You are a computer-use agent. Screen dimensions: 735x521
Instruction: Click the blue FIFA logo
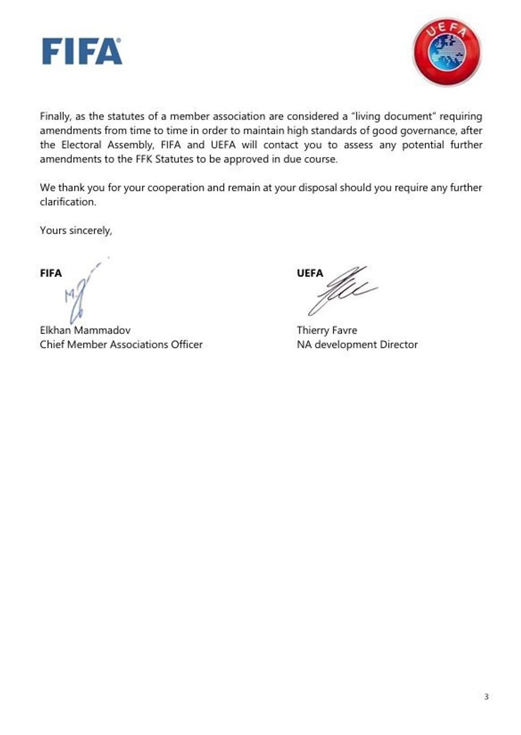pyautogui.click(x=82, y=52)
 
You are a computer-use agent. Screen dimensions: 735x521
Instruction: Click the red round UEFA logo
pyautogui.click(x=447, y=51)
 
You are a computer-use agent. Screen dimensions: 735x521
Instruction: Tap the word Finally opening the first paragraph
pyautogui.click(x=55, y=116)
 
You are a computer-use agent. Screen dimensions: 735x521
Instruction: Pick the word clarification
pyautogui.click(x=68, y=202)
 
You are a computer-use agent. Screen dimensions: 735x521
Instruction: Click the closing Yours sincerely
pyautogui.click(x=76, y=230)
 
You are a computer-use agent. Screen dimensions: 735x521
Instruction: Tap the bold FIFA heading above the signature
pyautogui.click(x=51, y=273)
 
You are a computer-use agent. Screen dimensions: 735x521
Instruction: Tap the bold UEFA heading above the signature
pyautogui.click(x=310, y=273)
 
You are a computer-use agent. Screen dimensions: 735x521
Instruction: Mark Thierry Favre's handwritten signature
pyautogui.click(x=340, y=290)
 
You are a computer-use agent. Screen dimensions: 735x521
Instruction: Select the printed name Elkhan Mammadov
pyautogui.click(x=85, y=330)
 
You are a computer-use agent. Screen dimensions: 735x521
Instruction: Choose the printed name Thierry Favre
pyautogui.click(x=327, y=330)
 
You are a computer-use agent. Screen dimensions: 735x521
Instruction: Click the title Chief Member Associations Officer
pyautogui.click(x=121, y=344)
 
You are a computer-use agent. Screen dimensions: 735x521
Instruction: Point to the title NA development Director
pyautogui.click(x=357, y=344)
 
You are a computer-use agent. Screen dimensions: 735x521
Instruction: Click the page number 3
pyautogui.click(x=486, y=696)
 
